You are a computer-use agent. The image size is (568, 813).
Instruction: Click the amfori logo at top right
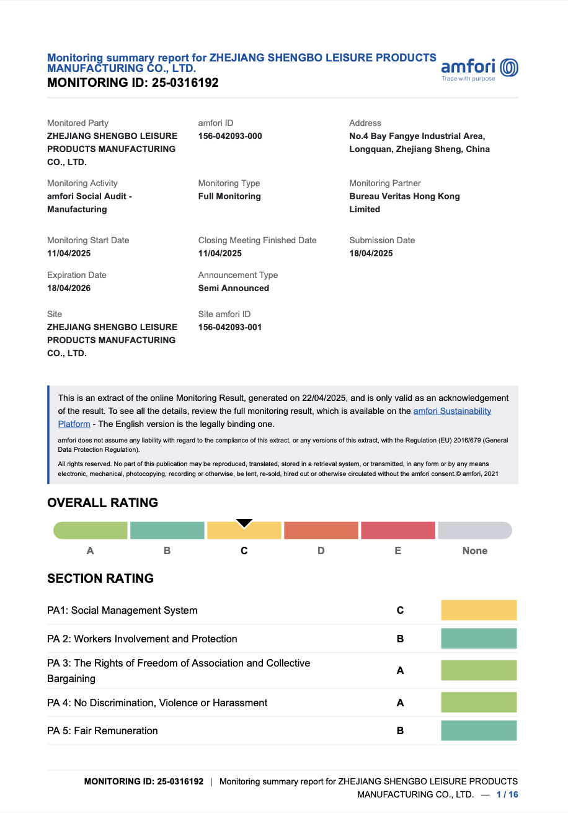coord(479,68)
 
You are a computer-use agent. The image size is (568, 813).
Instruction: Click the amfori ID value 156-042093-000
coord(230,136)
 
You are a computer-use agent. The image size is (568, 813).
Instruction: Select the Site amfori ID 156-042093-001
coord(230,327)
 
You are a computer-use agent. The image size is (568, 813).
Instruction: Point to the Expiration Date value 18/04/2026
coord(69,288)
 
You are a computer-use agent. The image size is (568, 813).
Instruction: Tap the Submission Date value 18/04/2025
coord(371,253)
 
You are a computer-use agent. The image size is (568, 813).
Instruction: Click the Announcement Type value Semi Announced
coord(234,288)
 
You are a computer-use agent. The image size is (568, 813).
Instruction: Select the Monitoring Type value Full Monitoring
coord(229,196)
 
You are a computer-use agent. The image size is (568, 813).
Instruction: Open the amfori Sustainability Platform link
coord(452,411)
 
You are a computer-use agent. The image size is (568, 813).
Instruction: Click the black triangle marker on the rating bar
coord(244,523)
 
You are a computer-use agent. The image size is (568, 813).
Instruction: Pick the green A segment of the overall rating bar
coord(91,531)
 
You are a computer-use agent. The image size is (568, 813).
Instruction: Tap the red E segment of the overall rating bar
coord(398,531)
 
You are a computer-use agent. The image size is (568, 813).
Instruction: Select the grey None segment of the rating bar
coord(475,531)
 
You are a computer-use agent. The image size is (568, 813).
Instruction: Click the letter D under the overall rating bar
coord(321,550)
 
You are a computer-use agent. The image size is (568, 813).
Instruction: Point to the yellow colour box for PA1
coord(479,610)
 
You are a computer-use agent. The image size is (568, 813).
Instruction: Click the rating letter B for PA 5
coord(400,730)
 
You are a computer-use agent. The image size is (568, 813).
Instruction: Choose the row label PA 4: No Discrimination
coord(158,703)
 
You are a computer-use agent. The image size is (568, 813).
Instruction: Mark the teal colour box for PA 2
coord(479,639)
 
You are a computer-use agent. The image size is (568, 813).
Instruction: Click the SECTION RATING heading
coord(100,578)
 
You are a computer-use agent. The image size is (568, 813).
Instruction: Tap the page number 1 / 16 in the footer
coord(507,794)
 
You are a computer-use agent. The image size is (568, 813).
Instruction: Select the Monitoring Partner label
coord(385,183)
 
